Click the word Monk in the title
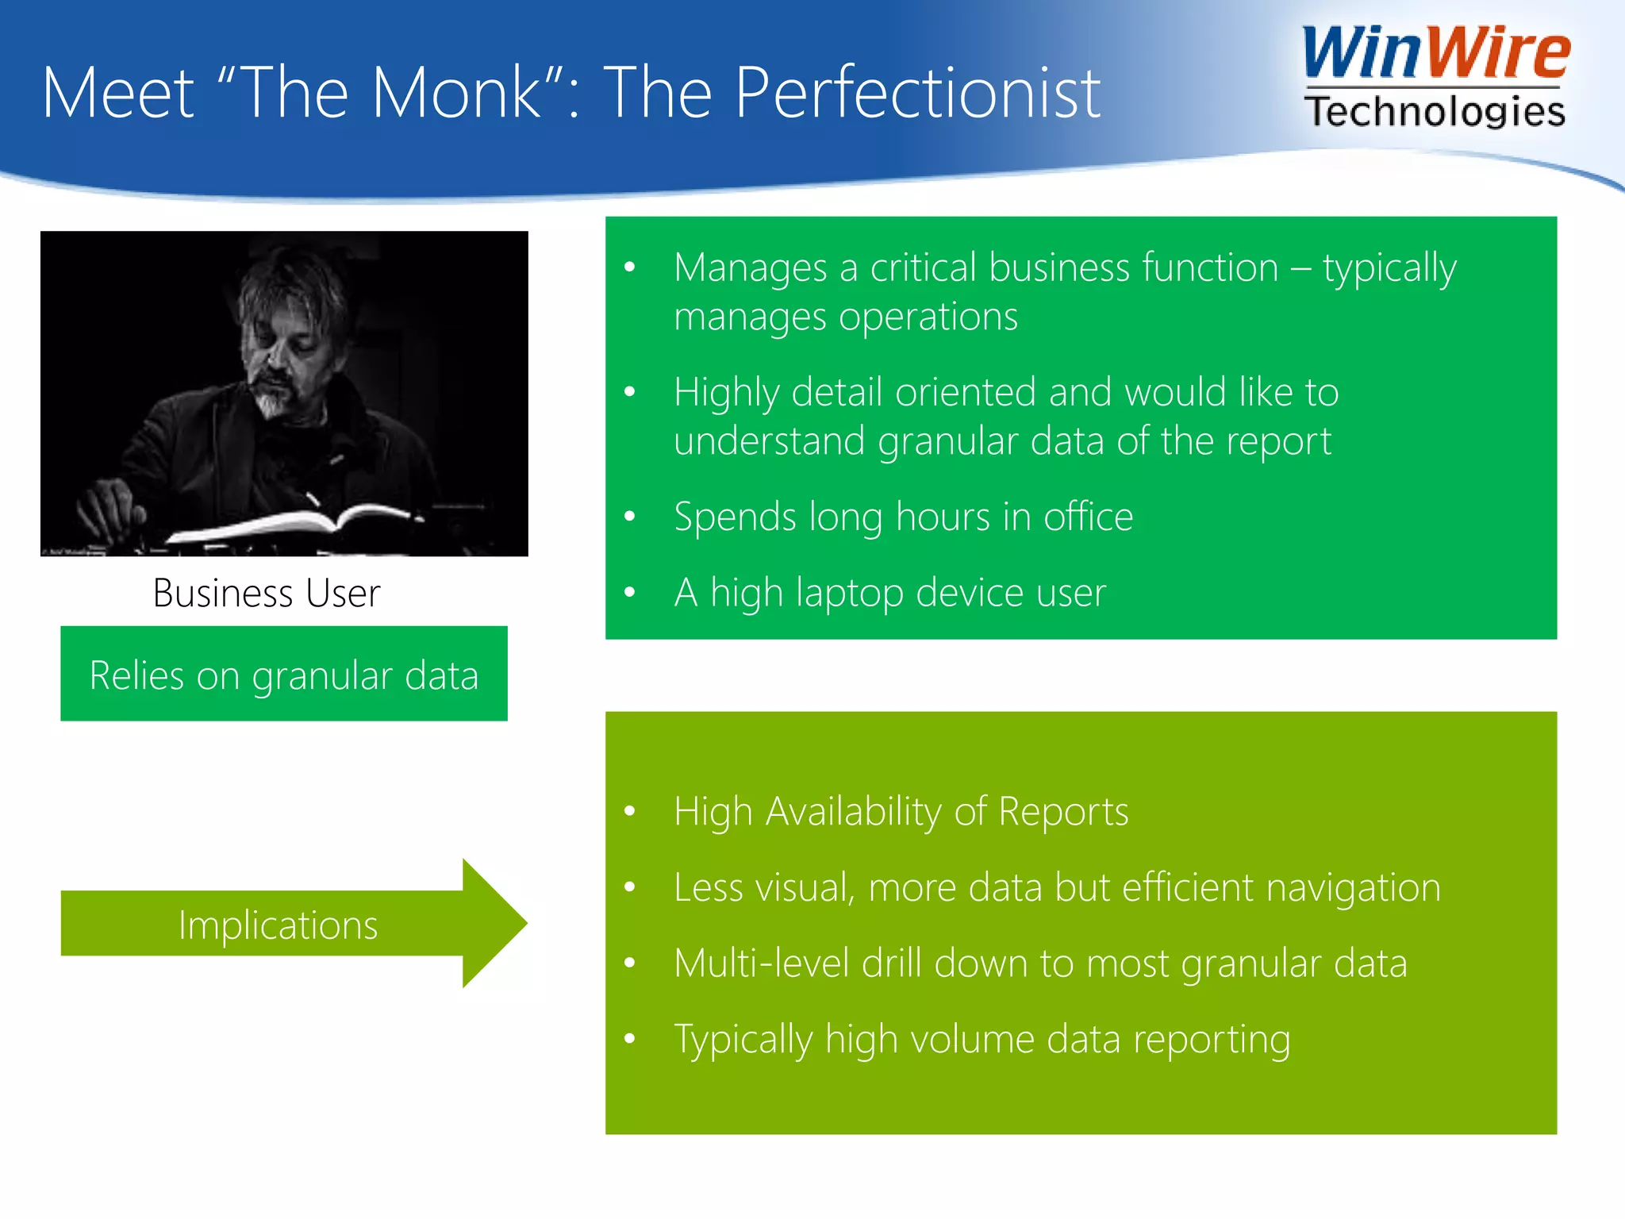tap(456, 94)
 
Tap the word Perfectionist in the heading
tap(917, 94)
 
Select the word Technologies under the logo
tap(1435, 111)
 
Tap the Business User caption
tap(267, 594)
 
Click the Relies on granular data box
tap(284, 675)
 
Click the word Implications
tap(278, 925)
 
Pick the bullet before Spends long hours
tap(630, 517)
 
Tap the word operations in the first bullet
tap(928, 317)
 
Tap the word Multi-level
tap(761, 963)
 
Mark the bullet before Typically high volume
tap(630, 1039)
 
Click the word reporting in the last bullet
tap(1211, 1040)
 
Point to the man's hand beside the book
tap(107, 508)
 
